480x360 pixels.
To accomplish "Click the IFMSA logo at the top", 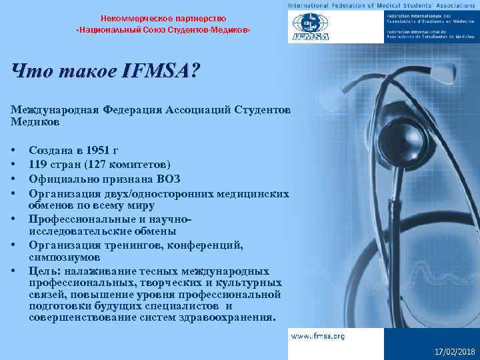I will (x=307, y=27).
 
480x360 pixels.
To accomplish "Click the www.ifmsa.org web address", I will (x=317, y=336).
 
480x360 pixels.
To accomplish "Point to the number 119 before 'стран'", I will (x=38, y=165).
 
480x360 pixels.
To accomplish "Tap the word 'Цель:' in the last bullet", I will (x=43, y=271).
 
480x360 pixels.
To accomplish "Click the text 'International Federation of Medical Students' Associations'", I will (x=379, y=5).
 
